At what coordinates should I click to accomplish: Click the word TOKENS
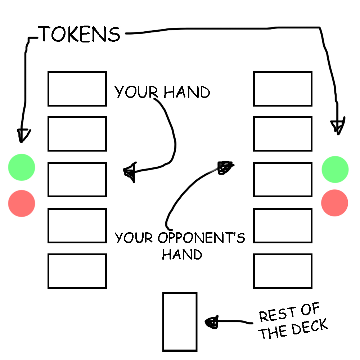pos(80,34)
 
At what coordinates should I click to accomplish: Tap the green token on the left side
pos(22,167)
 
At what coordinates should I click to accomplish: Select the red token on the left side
pos(22,203)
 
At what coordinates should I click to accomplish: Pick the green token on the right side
pos(335,169)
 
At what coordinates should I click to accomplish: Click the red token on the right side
pos(335,203)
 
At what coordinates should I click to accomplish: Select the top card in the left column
pos(77,89)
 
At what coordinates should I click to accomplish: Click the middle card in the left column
pos(77,179)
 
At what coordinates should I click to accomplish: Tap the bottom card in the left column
pos(77,271)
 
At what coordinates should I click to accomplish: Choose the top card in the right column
pos(283,89)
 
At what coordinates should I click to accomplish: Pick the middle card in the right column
pos(283,179)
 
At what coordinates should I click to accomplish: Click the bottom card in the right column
pos(283,271)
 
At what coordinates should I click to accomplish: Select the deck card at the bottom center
pos(180,321)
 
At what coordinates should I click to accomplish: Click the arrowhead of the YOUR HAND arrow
pos(129,172)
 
